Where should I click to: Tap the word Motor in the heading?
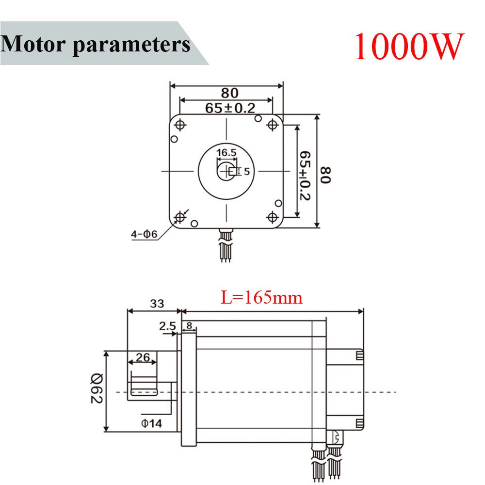pos(34,44)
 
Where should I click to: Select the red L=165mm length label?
pos(262,297)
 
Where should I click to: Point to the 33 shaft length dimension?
pos(156,304)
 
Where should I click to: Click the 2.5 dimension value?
pos(167,326)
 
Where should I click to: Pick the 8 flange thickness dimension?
pos(189,325)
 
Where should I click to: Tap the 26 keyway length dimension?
pos(142,357)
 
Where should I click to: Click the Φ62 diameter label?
pos(96,391)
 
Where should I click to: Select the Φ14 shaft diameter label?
pos(151,423)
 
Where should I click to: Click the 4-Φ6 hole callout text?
pos(144,234)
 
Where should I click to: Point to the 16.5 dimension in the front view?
pos(226,153)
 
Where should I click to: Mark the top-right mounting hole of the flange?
pos(272,125)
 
